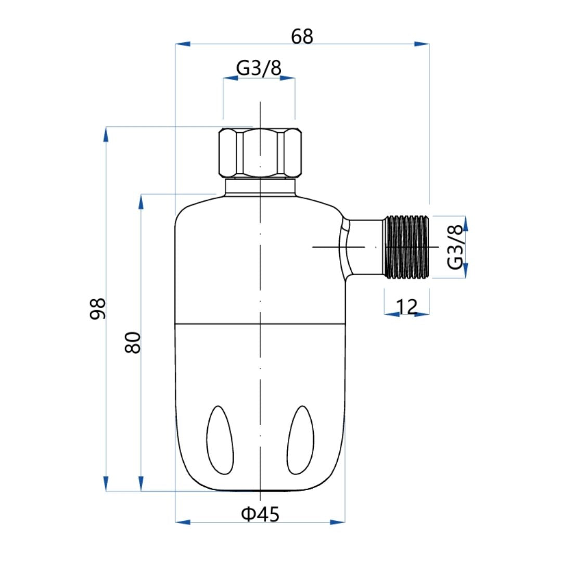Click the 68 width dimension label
click(302, 36)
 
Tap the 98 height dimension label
click(97, 308)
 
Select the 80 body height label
click(133, 342)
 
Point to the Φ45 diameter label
click(260, 514)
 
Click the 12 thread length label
click(407, 306)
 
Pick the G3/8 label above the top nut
click(259, 68)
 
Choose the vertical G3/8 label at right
click(455, 247)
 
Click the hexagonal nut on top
click(260, 153)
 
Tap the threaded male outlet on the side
click(406, 247)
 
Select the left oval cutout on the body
click(220, 440)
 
